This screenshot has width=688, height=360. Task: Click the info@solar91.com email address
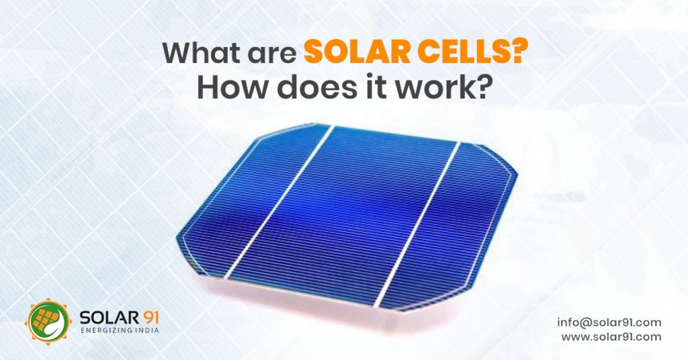(x=609, y=322)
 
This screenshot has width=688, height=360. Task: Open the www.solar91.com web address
(x=611, y=337)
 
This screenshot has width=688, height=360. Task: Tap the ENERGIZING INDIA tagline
(x=120, y=330)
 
